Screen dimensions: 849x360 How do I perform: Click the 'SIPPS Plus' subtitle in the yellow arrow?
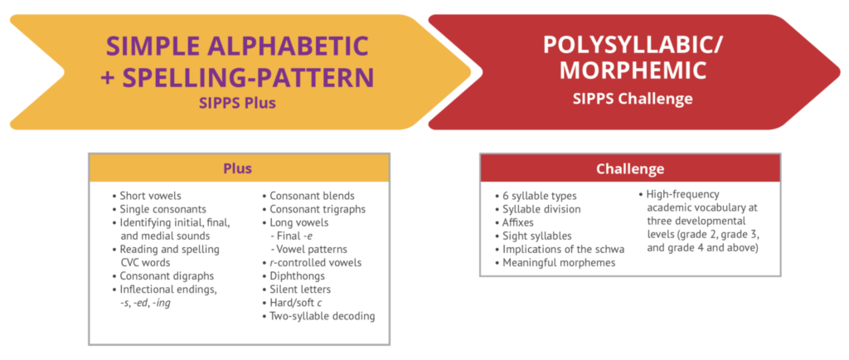tap(237, 102)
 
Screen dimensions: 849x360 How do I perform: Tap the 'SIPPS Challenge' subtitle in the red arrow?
tap(633, 99)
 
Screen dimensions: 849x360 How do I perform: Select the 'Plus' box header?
tap(238, 168)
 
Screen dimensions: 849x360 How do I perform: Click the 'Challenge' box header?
tap(630, 169)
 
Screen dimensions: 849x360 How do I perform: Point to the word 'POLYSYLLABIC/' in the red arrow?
tap(633, 46)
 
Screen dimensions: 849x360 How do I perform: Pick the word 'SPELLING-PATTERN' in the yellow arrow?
tap(248, 77)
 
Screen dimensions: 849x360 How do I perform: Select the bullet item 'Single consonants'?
tap(159, 209)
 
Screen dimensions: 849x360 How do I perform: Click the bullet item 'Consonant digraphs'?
tap(163, 276)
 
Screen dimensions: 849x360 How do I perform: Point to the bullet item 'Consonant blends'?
tap(308, 196)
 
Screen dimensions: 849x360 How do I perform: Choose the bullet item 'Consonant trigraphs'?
tap(313, 209)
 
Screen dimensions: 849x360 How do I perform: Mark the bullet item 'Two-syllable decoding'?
tap(318, 316)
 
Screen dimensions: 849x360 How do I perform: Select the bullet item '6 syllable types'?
tap(536, 196)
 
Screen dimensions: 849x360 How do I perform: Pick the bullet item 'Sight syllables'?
tap(533, 236)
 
